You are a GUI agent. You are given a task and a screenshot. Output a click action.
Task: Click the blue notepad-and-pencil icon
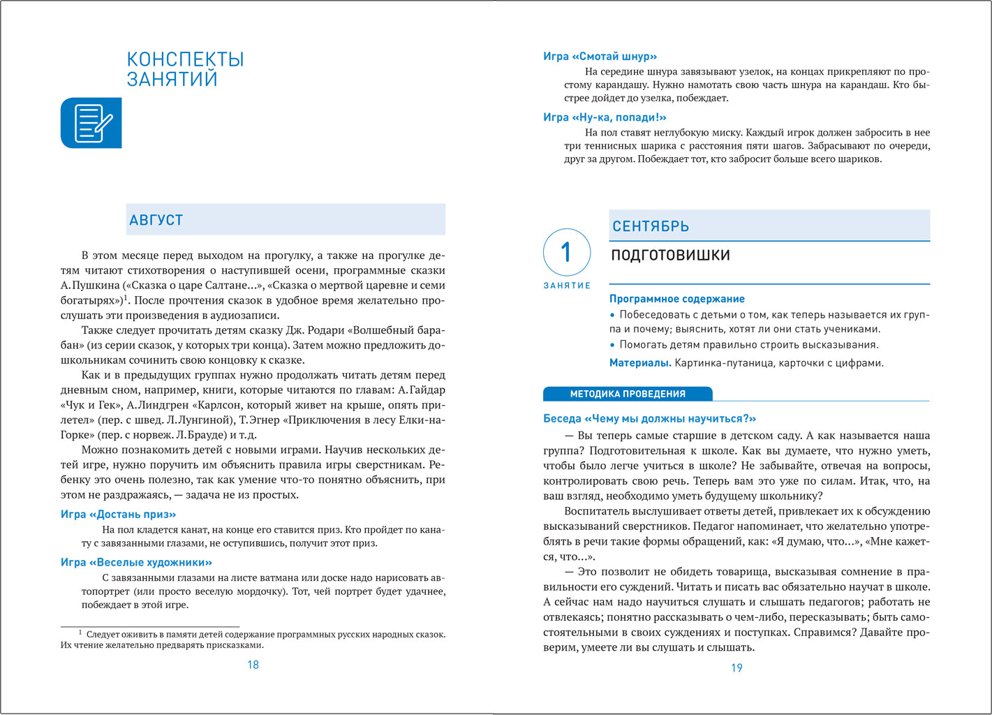click(91, 123)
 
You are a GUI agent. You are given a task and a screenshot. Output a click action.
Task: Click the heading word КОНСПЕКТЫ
click(185, 59)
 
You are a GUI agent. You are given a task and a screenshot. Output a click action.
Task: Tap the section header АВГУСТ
click(156, 220)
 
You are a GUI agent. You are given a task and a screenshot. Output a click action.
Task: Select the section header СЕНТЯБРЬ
click(651, 226)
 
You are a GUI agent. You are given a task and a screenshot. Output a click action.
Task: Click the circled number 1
click(567, 252)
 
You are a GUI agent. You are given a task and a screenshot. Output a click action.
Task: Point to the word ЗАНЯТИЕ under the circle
click(567, 286)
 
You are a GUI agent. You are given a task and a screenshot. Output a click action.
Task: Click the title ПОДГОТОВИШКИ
click(670, 255)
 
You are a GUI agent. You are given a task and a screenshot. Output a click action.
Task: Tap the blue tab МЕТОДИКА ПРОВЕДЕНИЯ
click(627, 394)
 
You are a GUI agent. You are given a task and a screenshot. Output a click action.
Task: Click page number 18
click(253, 665)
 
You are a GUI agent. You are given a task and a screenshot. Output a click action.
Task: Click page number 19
click(736, 668)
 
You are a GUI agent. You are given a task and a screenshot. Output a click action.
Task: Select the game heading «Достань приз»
click(118, 515)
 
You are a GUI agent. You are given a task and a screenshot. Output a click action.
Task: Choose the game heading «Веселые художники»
click(136, 563)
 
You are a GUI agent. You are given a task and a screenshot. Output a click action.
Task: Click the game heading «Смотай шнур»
click(600, 57)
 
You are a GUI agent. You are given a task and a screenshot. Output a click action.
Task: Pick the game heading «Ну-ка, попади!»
click(605, 117)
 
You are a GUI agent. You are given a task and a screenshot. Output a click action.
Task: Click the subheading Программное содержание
click(676, 299)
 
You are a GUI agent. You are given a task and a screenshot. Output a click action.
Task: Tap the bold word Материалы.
click(640, 363)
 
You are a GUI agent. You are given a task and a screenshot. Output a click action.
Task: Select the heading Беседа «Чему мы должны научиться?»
click(649, 419)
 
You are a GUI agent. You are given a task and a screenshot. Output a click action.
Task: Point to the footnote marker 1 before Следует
click(80, 633)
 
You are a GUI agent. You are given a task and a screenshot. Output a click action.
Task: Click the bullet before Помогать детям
click(613, 345)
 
